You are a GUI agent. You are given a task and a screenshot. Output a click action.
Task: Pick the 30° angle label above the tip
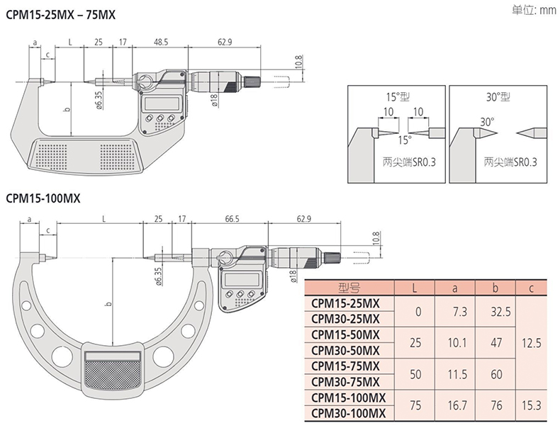[x=486, y=122]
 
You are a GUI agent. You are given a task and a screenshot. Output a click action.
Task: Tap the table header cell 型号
[x=349, y=288]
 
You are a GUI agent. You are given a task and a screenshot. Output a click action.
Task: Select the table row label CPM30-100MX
[x=349, y=413]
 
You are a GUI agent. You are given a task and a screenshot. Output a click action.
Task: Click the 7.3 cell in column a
[x=454, y=311]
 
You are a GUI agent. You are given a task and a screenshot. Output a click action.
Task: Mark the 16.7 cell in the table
[x=454, y=405]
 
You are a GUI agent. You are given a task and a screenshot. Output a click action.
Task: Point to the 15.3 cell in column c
[x=530, y=405]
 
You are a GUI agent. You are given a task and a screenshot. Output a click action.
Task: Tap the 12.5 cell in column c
[x=530, y=342]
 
